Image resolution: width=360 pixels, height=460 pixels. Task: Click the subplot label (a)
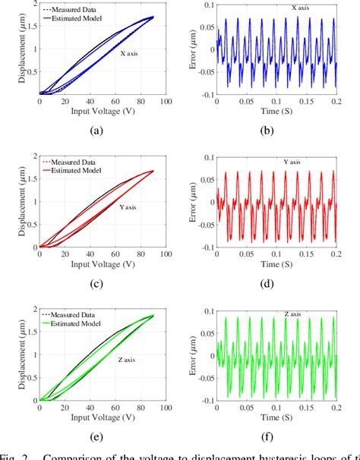coord(96,131)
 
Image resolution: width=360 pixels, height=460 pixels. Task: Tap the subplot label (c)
coord(96,284)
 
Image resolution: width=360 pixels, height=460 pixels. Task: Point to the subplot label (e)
coord(96,437)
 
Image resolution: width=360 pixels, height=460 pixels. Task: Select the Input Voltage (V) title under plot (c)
coord(95,264)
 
